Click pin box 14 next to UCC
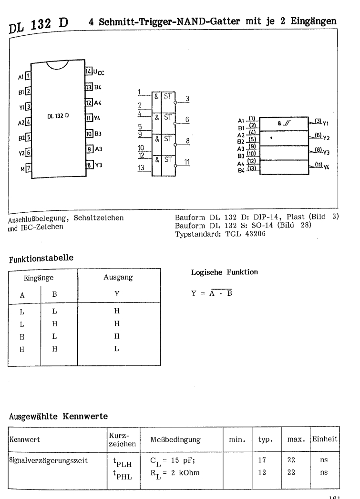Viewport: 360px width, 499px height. [88, 72]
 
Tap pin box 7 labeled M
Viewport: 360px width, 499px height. [28, 168]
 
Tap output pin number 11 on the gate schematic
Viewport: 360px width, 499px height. [187, 162]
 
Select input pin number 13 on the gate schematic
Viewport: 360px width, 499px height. [140, 167]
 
